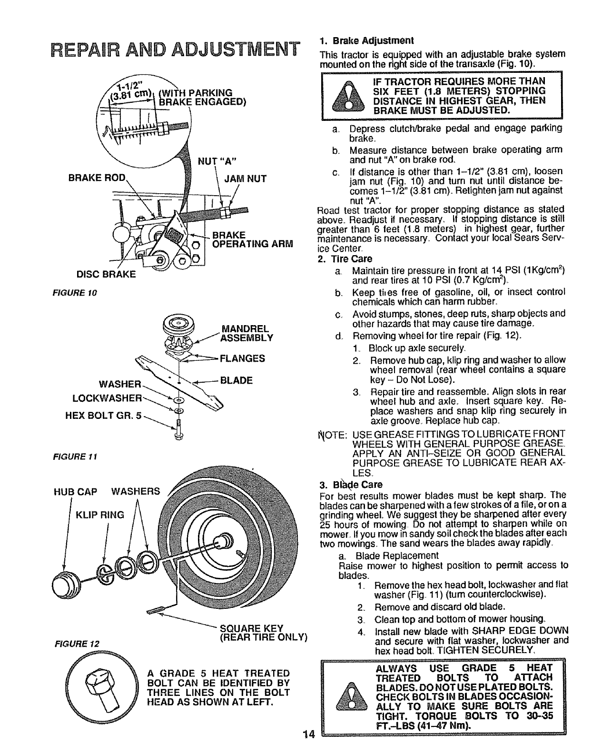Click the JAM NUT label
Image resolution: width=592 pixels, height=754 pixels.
point(246,179)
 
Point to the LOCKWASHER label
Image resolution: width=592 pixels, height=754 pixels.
point(107,397)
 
